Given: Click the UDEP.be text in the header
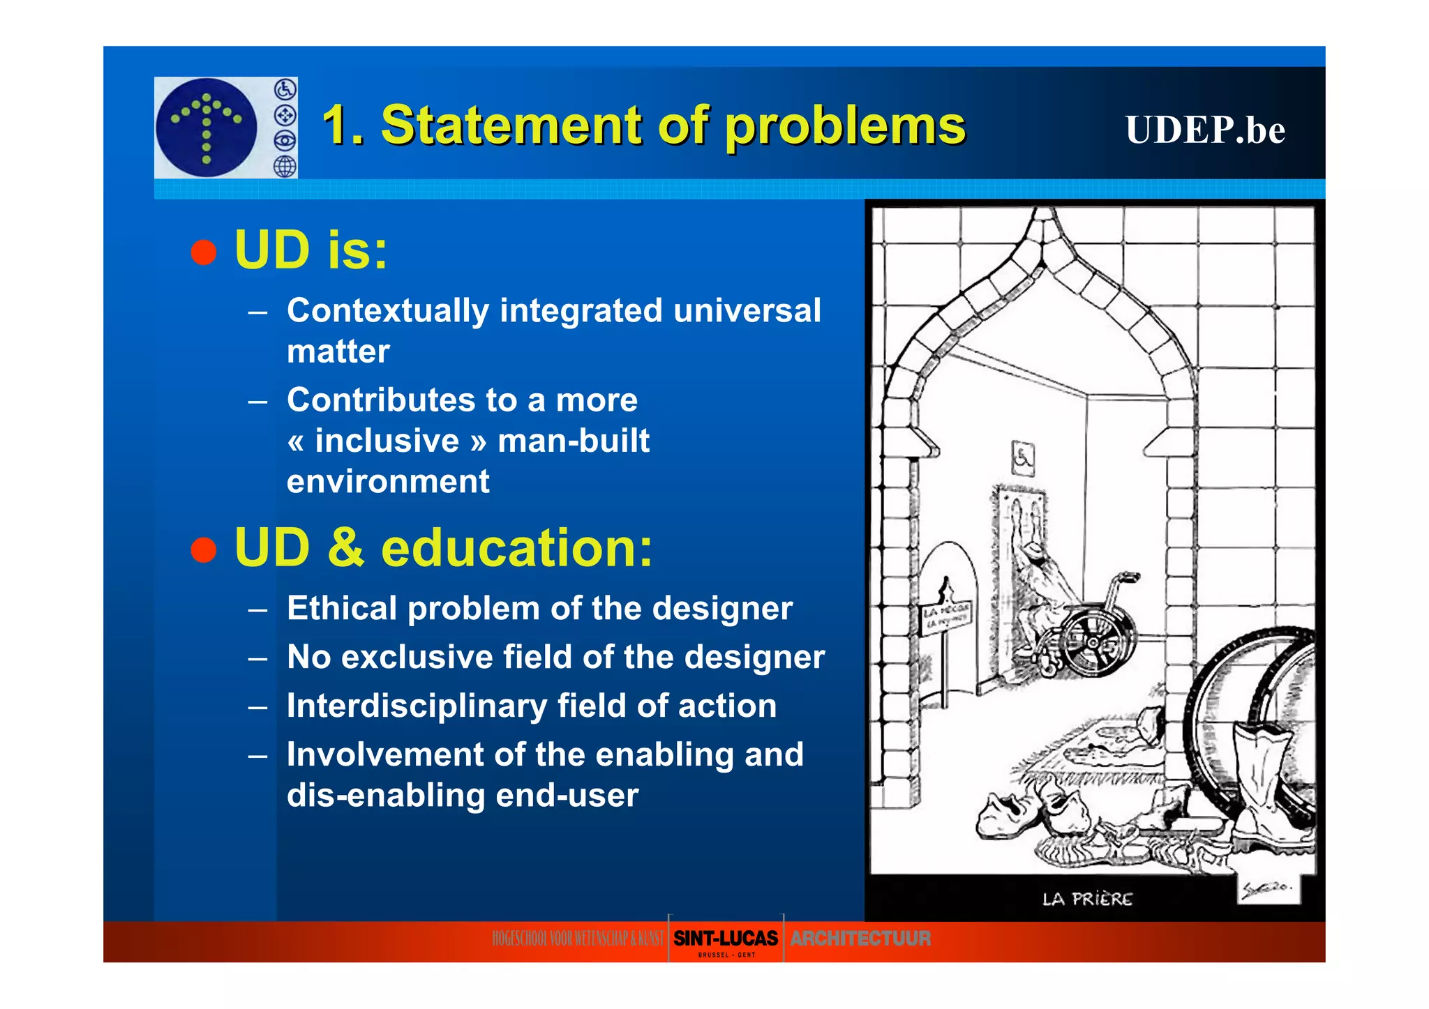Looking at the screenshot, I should tap(1204, 130).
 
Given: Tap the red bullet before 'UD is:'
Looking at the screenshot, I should tap(204, 252).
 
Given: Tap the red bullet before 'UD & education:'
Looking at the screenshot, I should tap(204, 549).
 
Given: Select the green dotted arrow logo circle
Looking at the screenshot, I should tap(207, 127).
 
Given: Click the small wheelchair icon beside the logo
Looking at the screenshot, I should tap(285, 89).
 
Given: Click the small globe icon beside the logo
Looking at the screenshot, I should tap(285, 166).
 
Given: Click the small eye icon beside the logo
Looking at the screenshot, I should tap(285, 140).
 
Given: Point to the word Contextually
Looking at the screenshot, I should tap(387, 312).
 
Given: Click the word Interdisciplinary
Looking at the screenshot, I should tap(417, 706).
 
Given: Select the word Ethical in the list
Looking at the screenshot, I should tap(342, 608).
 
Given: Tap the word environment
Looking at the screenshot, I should tap(388, 482).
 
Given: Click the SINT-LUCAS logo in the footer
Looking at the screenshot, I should tap(726, 939).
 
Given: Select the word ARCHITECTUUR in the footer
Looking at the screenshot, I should tap(860, 939).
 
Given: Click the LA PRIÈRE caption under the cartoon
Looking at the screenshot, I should tap(1087, 900).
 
